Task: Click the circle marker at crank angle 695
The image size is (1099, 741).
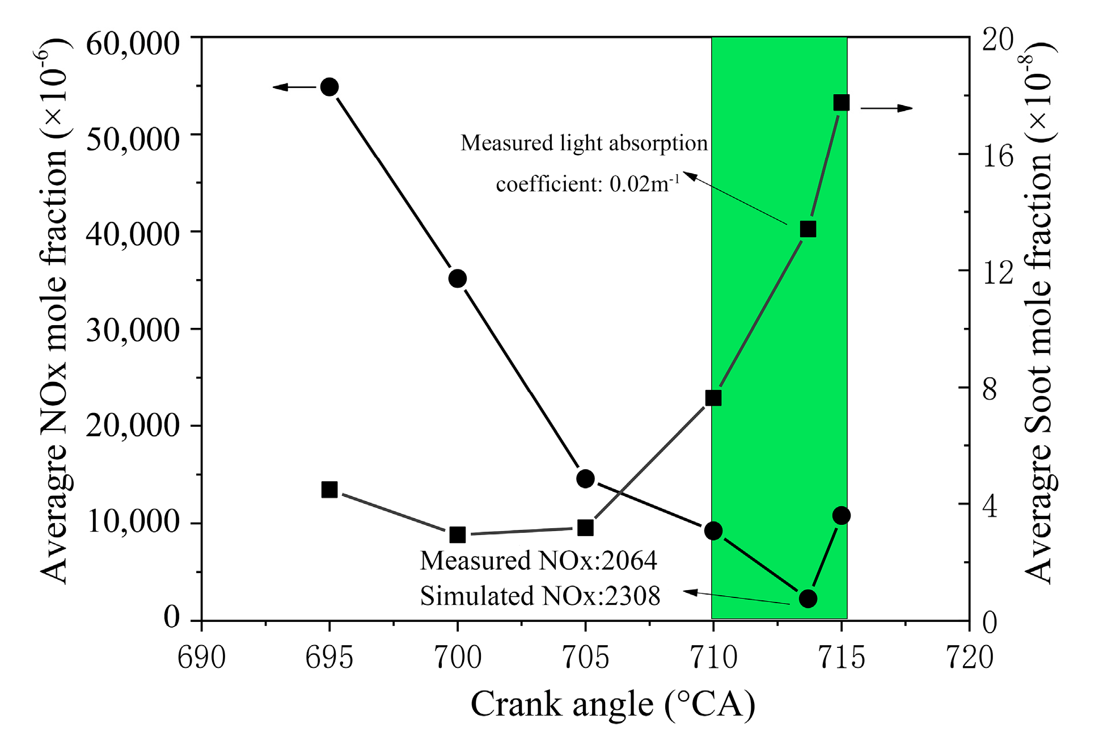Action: click(329, 87)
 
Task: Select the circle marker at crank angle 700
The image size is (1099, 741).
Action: click(458, 279)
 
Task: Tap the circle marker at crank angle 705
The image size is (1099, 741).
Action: click(585, 479)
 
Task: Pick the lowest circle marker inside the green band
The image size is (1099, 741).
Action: click(808, 598)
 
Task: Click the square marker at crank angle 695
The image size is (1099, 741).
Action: click(329, 489)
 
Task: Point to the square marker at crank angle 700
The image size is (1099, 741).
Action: click(458, 534)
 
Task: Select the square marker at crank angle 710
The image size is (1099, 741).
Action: click(713, 398)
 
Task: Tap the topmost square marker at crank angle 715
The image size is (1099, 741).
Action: click(841, 103)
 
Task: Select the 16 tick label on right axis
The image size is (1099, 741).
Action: click(997, 155)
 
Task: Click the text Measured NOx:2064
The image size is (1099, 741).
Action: click(538, 561)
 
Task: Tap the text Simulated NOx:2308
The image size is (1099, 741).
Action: click(540, 596)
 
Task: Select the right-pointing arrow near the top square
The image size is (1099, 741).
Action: click(887, 108)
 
